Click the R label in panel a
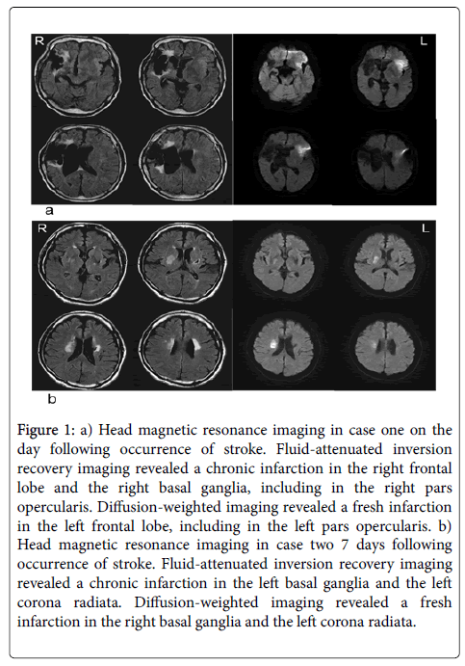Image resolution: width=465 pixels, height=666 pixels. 39,40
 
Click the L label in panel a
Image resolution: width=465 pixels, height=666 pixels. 424,41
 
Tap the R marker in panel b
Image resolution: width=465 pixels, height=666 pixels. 42,228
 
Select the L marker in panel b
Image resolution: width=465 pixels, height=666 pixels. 426,228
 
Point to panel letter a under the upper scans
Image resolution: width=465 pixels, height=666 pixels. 49,210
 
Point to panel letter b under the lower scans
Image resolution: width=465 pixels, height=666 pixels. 52,398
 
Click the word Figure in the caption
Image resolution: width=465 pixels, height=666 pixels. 38,430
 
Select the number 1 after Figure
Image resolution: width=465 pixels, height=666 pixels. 68,430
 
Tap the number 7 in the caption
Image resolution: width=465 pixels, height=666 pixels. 345,545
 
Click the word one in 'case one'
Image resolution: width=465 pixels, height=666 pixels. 392,430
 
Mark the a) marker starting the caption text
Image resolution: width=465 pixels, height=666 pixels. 86,430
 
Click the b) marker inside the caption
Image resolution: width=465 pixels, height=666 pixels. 445,526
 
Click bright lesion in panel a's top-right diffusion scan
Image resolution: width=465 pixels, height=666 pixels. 400,65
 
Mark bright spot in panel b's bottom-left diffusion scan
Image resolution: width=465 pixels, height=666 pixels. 272,344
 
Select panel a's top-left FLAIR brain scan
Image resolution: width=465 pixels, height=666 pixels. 77,75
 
